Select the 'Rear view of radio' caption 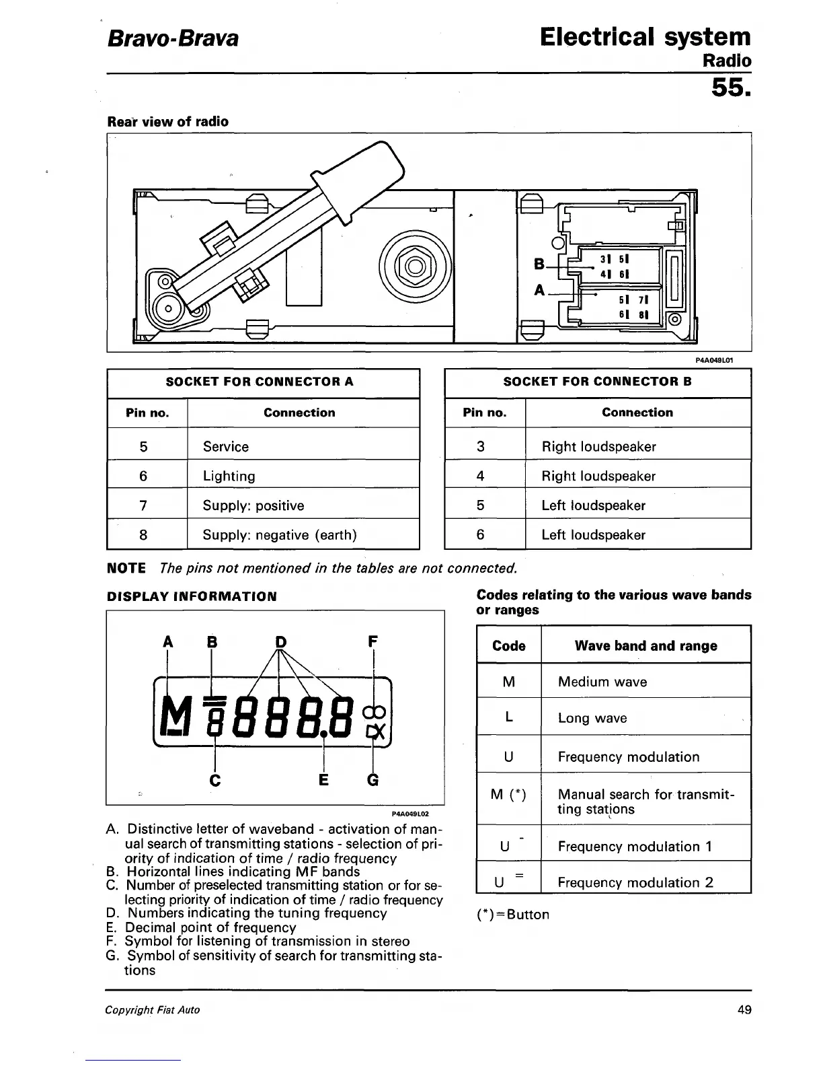point(168,122)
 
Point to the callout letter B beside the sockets point(539,264)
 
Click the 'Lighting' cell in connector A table point(229,476)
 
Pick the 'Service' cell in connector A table point(226,446)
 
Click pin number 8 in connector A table point(143,535)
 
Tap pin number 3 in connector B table point(480,446)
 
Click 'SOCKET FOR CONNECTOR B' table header point(597,382)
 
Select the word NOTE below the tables point(126,568)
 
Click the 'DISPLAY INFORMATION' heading point(192,596)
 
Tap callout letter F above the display point(373,641)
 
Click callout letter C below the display point(214,780)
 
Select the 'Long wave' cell point(592,718)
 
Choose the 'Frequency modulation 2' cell point(635,882)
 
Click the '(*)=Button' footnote point(512,915)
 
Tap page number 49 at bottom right point(744,1009)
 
